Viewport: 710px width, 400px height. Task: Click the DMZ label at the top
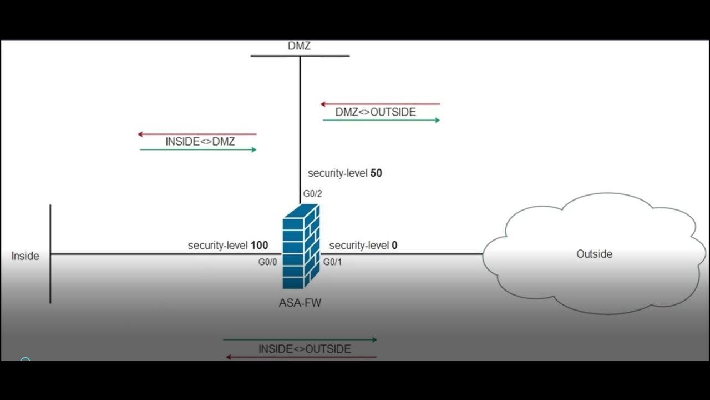click(299, 46)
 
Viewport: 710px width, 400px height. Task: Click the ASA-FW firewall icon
click(301, 246)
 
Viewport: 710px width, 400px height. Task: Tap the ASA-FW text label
click(300, 303)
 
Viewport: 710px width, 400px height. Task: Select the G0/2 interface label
click(312, 194)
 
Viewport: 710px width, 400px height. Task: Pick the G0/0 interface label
click(267, 262)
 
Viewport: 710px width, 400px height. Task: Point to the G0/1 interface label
click(333, 262)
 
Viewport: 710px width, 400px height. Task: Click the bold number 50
click(376, 173)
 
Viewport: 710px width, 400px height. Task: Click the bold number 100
click(259, 245)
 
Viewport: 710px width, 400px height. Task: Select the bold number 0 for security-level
click(394, 245)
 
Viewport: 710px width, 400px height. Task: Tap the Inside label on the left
click(26, 256)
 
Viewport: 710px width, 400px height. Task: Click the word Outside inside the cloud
click(594, 254)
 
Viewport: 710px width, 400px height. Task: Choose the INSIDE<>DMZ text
click(200, 142)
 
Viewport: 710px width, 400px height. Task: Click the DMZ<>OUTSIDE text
click(376, 112)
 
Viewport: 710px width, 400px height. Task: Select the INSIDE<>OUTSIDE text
click(305, 349)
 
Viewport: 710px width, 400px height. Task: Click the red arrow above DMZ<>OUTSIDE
click(380, 104)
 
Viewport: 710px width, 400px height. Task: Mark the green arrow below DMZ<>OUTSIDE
click(381, 120)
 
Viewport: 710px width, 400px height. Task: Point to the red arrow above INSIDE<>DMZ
click(197, 134)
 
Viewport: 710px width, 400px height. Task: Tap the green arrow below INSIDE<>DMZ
click(198, 149)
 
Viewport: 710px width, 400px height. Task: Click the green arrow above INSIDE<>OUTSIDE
click(300, 339)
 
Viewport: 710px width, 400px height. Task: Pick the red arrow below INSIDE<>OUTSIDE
click(301, 357)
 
